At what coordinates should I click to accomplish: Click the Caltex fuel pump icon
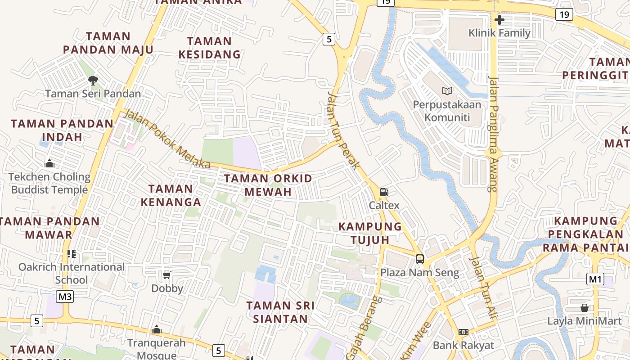[384, 192]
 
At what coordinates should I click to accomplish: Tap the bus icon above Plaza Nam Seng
[420, 259]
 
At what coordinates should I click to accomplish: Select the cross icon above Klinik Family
[499, 19]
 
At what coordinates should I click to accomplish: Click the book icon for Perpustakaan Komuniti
[447, 91]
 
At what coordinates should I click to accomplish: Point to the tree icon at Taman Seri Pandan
[93, 81]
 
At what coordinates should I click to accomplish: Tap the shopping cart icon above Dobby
[167, 275]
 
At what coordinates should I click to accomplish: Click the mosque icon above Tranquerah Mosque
[157, 329]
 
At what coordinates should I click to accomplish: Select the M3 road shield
[65, 297]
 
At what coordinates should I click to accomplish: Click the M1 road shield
[595, 279]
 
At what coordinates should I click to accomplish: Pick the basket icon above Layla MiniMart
[584, 308]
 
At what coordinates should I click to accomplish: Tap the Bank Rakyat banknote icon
[463, 332]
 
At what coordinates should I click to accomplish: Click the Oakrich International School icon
[72, 254]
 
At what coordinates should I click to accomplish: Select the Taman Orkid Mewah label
[268, 185]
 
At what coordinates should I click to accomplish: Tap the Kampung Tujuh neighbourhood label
[370, 233]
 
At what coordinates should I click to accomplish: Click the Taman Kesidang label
[209, 48]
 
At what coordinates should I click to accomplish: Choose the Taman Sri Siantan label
[280, 312]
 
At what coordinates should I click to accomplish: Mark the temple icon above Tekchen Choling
[49, 163]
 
